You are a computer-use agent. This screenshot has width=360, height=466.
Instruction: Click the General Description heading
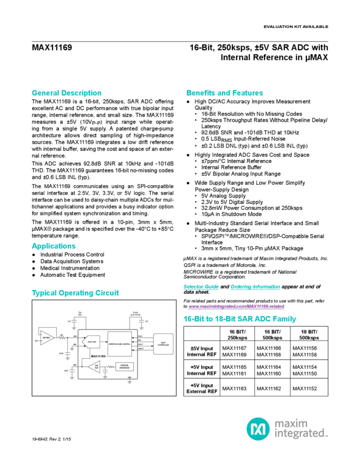tap(66, 93)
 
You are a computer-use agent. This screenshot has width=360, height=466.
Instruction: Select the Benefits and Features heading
tap(225, 93)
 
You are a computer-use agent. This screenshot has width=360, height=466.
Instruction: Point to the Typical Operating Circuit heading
tap(75, 293)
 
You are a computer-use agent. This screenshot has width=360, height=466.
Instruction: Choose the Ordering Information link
tap(244, 287)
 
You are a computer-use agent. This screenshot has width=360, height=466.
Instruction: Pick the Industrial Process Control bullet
tap(72, 255)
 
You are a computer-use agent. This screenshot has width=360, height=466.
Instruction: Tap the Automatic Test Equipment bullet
tap(72, 275)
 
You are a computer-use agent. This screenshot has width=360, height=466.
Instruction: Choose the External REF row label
tap(201, 389)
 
